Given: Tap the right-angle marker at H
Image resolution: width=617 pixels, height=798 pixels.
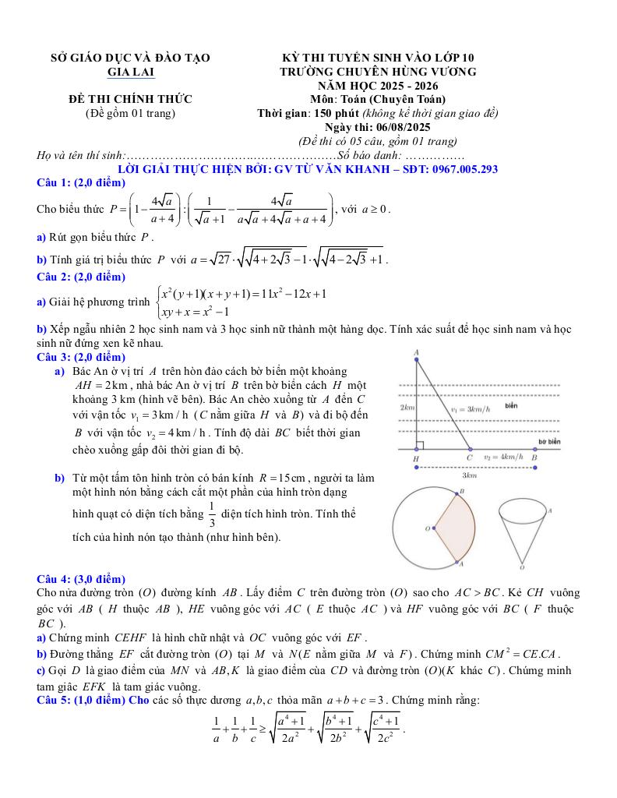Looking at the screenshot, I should point(419,446).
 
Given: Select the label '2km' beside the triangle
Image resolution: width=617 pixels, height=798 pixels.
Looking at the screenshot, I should point(406,408).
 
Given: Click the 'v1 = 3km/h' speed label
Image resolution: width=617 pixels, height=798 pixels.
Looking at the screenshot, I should point(471,408).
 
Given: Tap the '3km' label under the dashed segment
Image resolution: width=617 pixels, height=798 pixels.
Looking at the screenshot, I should point(470,475).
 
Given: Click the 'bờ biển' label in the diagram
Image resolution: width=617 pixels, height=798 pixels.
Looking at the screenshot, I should point(549,442).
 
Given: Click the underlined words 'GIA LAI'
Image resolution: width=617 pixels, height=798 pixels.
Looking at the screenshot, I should point(130,72).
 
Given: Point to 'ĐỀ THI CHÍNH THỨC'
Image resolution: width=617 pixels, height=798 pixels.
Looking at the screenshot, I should point(130,99).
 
